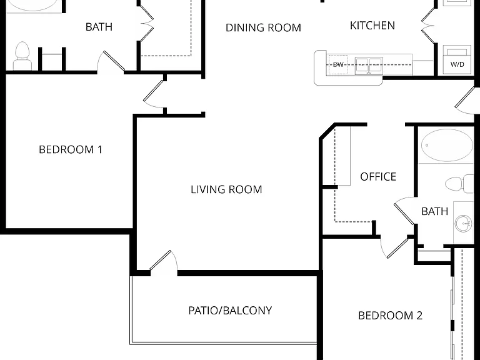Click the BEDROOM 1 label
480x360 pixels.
coord(71,149)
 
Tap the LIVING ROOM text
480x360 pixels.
coord(226,189)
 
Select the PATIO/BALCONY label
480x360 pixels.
coord(230,311)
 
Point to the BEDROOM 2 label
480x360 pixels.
coord(390,315)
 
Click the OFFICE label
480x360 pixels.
coord(378,177)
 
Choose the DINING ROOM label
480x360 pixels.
coord(263,27)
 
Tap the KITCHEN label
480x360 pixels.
coord(372,26)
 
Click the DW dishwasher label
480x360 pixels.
coord(338,64)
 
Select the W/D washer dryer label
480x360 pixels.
coord(457,64)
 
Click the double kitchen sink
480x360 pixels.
coord(369,66)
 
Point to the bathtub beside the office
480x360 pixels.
coord(447,145)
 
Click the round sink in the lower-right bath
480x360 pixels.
coord(463,222)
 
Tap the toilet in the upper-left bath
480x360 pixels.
coord(22,56)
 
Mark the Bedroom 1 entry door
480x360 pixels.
coord(154,94)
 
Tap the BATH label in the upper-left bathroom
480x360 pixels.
coord(99,27)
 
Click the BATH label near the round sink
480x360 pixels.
coord(435,211)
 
